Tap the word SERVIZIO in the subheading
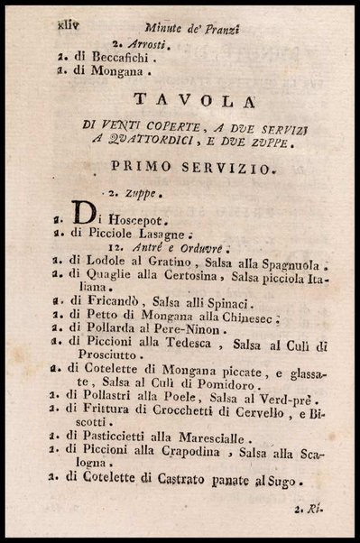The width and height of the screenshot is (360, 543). [217, 169]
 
